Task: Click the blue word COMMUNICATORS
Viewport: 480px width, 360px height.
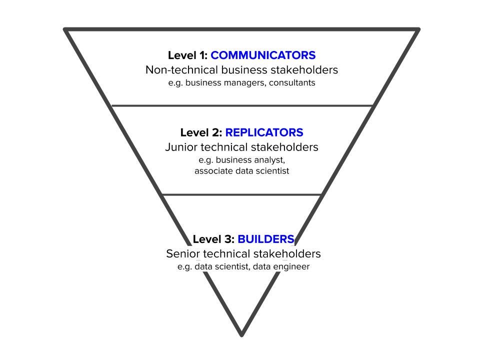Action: tap(263, 55)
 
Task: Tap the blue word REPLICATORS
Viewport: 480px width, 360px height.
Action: tap(264, 132)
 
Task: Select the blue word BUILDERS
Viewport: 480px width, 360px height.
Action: tap(265, 239)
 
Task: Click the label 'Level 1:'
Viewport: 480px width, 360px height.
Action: tap(187, 55)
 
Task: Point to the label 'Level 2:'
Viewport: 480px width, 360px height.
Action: tap(201, 132)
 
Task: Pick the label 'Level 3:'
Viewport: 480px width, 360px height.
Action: tap(213, 239)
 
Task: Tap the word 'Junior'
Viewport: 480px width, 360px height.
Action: tap(181, 147)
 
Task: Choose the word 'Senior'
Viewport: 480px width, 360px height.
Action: tap(183, 254)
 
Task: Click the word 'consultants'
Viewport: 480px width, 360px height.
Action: tap(292, 82)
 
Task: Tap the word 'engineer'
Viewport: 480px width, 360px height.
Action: tap(291, 266)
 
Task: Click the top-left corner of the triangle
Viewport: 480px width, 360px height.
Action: tap(65, 29)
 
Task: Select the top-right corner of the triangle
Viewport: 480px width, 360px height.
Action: tap(418, 29)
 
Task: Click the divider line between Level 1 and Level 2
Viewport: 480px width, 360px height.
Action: tap(242, 105)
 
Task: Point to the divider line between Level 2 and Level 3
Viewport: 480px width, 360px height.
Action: tap(241, 194)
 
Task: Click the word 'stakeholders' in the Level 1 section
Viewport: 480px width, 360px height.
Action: tap(304, 70)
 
